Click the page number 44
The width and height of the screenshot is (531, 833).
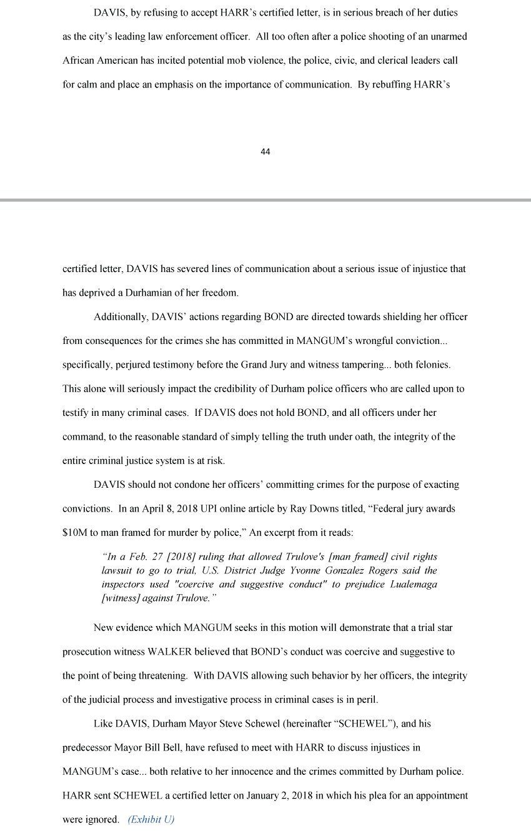265,152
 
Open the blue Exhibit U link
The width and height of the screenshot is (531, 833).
151,819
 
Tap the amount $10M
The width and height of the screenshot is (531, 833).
74,532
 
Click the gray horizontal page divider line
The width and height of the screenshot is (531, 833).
265,200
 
